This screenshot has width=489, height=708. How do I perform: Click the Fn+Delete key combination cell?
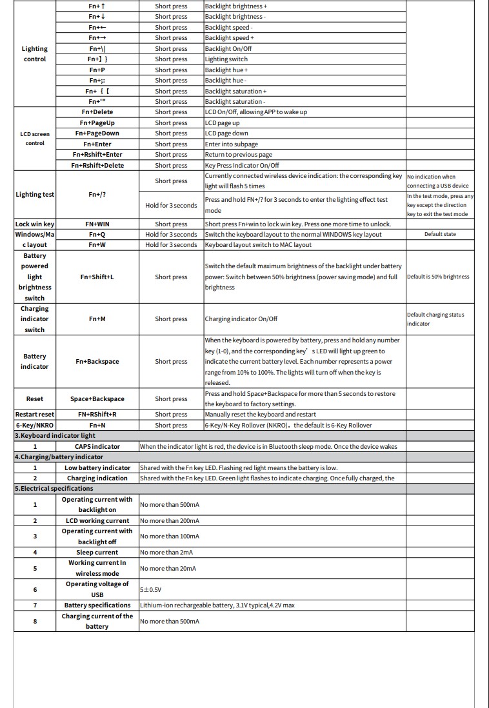coord(97,112)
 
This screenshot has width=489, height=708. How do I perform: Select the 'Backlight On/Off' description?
coord(228,48)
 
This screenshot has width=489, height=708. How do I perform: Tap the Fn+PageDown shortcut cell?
coord(97,133)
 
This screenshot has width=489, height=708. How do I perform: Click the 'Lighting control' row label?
coord(34,54)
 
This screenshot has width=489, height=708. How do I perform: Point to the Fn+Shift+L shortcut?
coord(97,277)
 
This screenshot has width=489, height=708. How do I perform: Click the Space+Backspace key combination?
coord(97,399)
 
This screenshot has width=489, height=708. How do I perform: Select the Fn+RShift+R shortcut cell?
coord(97,415)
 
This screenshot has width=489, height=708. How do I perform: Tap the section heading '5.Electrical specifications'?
coord(48,489)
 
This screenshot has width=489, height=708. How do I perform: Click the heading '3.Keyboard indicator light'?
coord(55,436)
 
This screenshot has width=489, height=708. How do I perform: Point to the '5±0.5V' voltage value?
coord(150,589)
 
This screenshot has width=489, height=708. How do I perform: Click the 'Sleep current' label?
coord(97,553)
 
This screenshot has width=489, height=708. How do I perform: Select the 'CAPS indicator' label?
coord(97,446)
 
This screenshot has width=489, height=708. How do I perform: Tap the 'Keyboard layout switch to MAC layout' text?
coord(258,245)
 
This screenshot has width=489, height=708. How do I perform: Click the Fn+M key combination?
coord(97,319)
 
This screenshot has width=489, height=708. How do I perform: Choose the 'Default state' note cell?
coord(440,235)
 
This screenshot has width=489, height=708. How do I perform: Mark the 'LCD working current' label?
coord(97,521)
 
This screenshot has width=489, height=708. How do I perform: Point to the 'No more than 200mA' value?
coord(170,521)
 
